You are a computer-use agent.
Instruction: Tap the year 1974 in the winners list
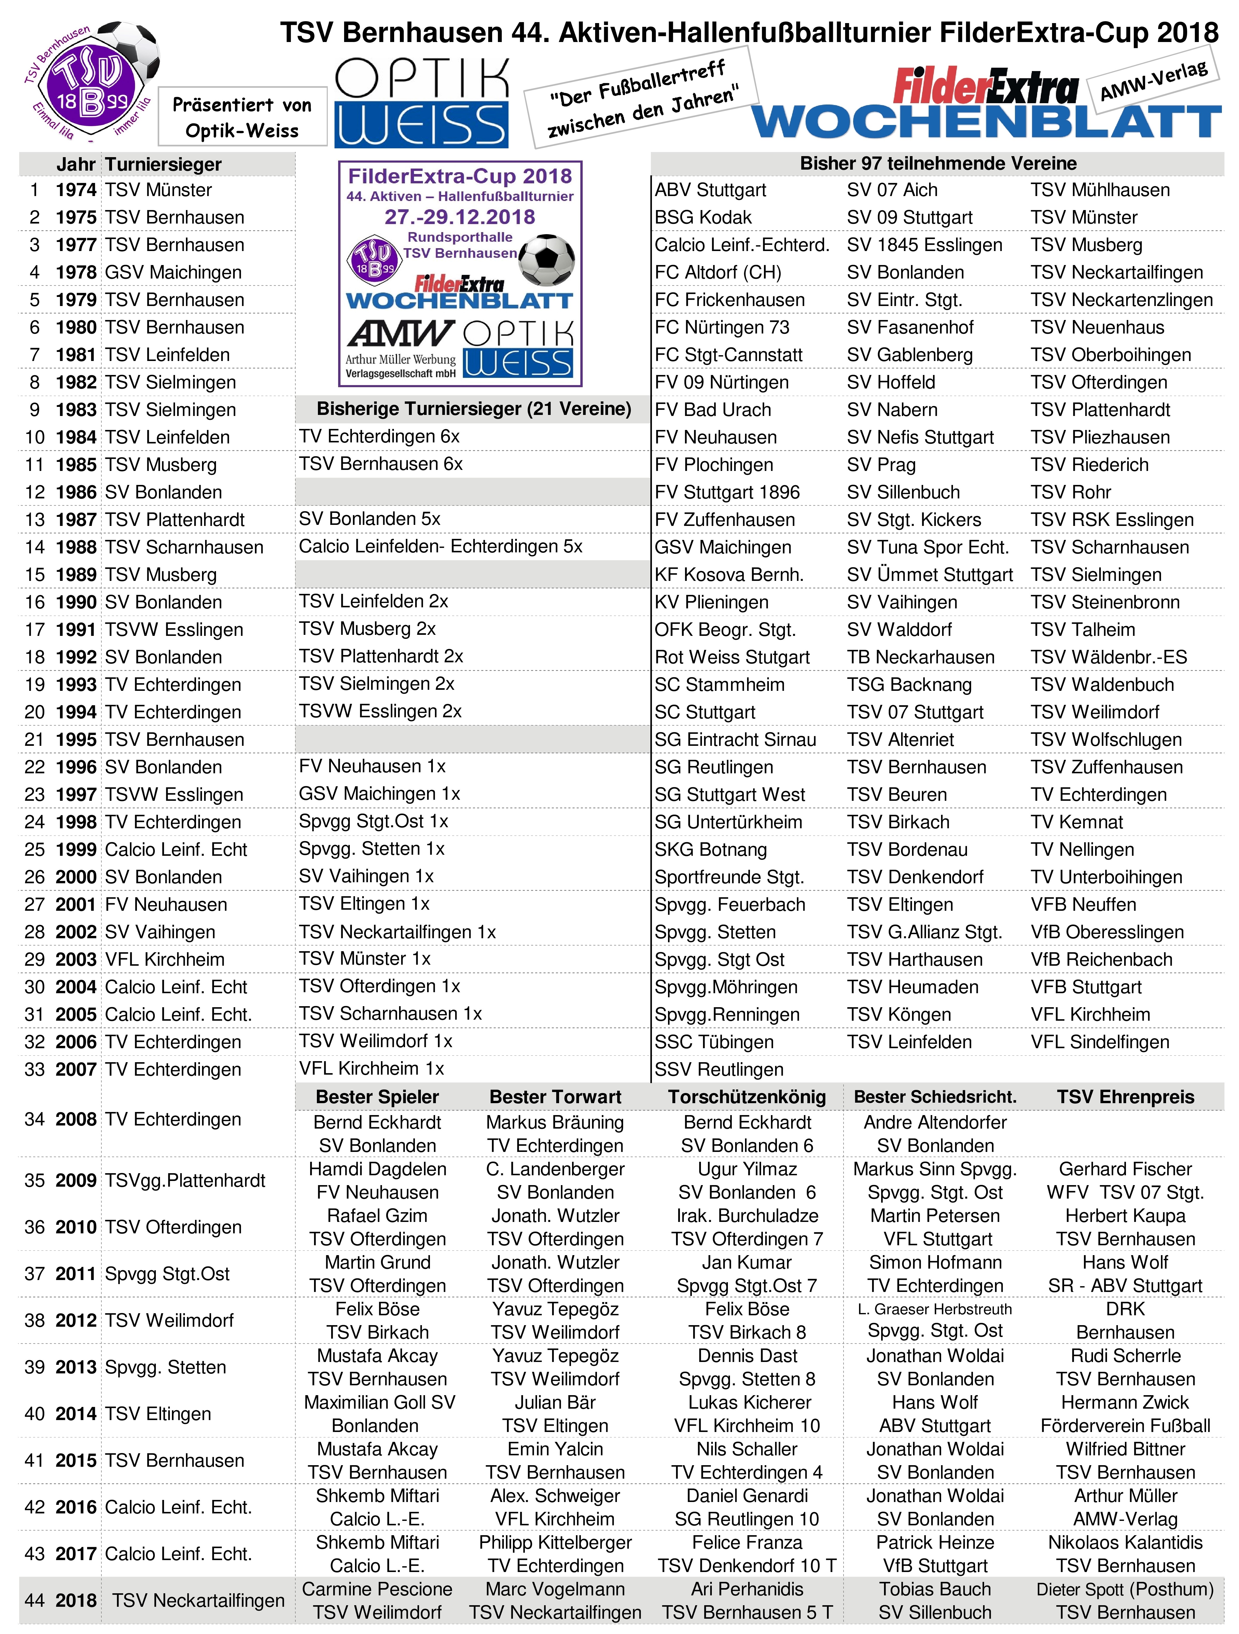[76, 190]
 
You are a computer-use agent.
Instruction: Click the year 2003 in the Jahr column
[76, 959]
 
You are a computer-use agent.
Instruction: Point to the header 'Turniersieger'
[163, 164]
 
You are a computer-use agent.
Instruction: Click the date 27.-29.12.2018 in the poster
[460, 217]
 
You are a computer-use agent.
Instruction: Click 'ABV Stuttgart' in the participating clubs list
[710, 190]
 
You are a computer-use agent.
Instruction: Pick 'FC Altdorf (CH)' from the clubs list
[718, 273]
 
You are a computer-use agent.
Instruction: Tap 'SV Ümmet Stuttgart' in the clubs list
[929, 575]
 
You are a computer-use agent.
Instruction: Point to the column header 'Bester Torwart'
[556, 1097]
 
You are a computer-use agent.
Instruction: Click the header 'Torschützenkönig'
[747, 1097]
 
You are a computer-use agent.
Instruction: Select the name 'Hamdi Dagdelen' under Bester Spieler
[378, 1169]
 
